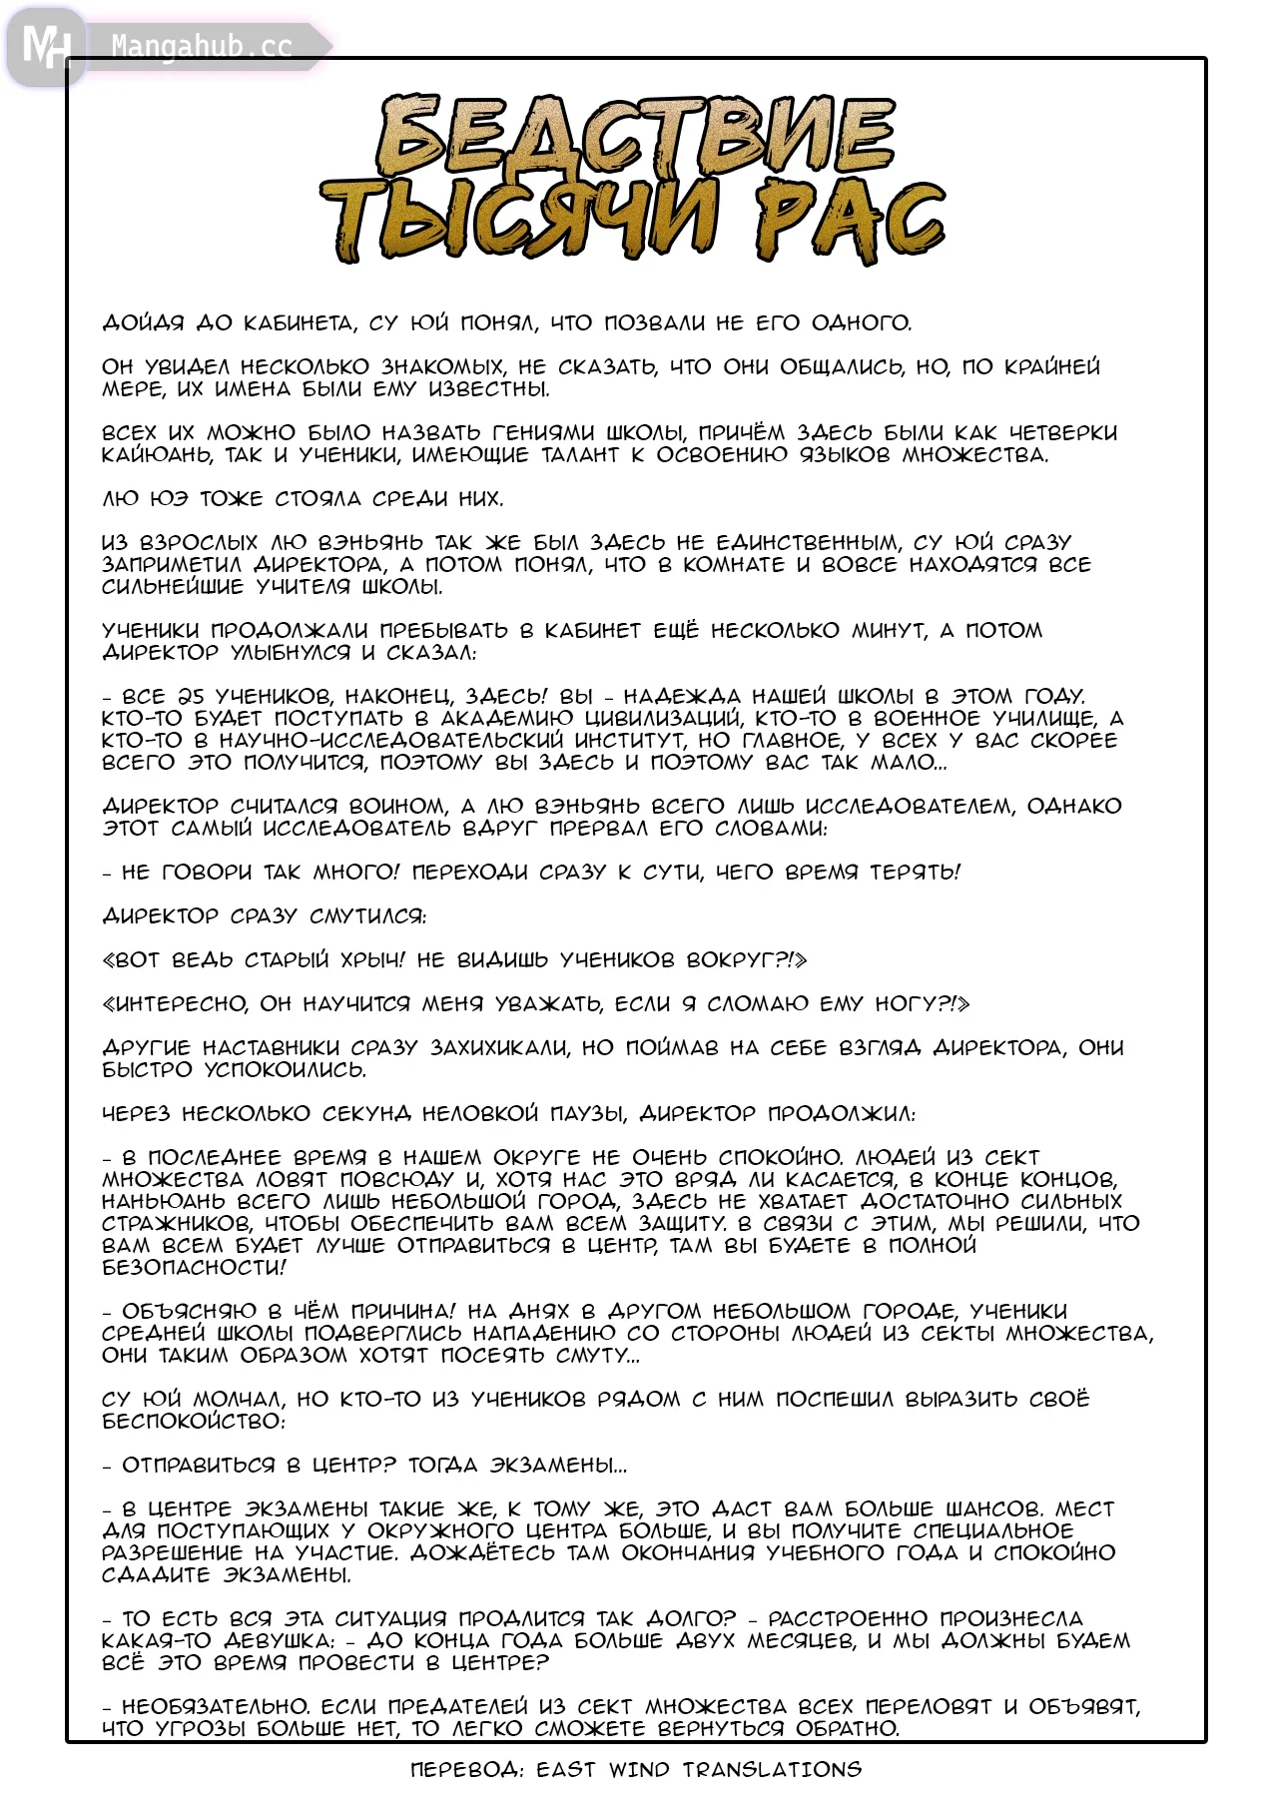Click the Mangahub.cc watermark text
(x=202, y=47)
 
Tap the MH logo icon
(x=45, y=46)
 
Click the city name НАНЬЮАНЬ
(x=165, y=1202)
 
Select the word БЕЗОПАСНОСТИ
(x=192, y=1268)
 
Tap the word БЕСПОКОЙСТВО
(x=192, y=1422)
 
